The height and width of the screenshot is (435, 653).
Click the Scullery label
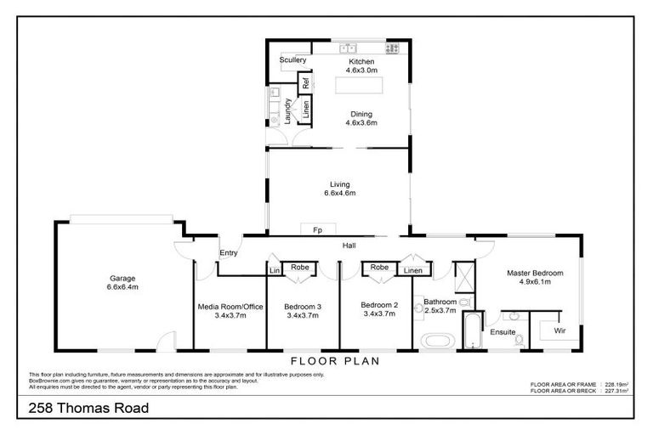tap(292, 60)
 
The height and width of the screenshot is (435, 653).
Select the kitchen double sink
tap(348, 45)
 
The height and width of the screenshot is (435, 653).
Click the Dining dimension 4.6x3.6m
tap(361, 123)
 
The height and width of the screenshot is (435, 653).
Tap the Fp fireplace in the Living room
tap(317, 229)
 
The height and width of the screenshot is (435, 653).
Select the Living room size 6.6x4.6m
tap(339, 194)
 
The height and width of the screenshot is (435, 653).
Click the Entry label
tap(229, 252)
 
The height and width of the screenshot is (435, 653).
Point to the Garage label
tap(122, 278)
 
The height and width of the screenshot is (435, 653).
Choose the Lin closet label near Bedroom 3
tap(275, 270)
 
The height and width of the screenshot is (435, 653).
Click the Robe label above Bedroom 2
tap(379, 267)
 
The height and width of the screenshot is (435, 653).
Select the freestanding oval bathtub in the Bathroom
tap(439, 342)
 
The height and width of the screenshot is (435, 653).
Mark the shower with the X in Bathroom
tap(466, 275)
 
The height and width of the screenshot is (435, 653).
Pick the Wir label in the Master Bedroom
tap(559, 329)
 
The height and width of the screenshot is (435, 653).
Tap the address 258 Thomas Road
tap(83, 409)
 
